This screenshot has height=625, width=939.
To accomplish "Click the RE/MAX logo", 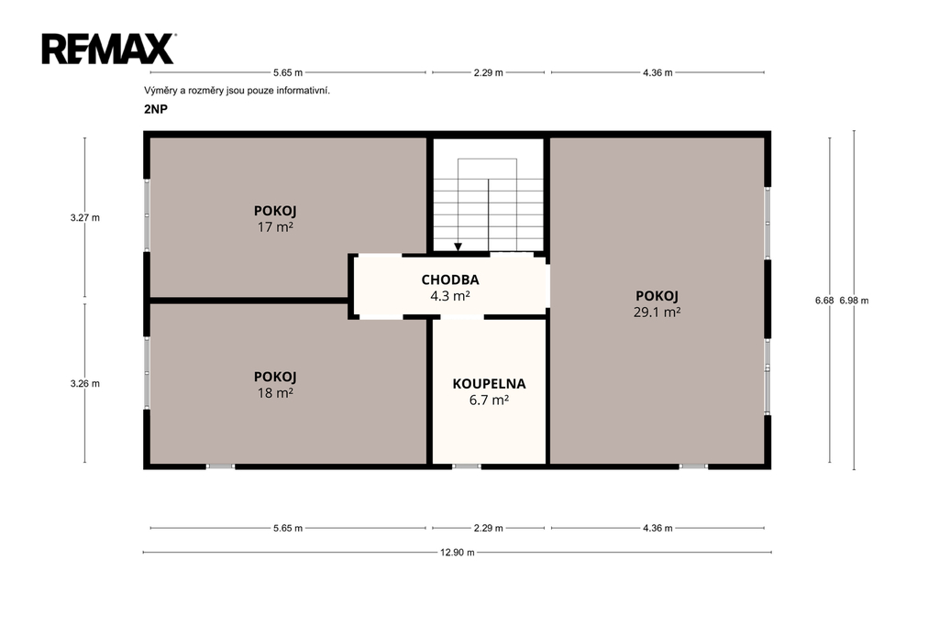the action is click(108, 49).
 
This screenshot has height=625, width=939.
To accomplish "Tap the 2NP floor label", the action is click(156, 110).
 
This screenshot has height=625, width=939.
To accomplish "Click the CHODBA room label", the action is click(450, 280).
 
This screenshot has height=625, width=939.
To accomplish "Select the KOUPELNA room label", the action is click(490, 384).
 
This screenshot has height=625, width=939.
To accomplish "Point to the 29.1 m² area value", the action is click(657, 312).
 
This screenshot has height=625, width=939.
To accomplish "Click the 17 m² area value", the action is click(275, 227).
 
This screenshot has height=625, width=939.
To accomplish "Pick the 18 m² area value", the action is click(275, 393).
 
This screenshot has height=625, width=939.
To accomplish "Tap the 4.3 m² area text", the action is click(450, 296).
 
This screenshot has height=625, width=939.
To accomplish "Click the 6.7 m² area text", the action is click(490, 400).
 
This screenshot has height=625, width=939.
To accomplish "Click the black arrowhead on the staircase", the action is click(458, 247).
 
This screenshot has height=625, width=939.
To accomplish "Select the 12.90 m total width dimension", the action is click(458, 553).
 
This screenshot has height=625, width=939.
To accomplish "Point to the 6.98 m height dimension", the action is click(854, 301).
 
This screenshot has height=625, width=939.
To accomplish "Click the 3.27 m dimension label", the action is click(85, 218).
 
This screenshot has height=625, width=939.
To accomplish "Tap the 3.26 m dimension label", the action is click(85, 384).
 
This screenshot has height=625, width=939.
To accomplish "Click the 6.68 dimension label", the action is click(824, 301).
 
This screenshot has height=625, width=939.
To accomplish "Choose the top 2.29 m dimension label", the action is click(488, 73).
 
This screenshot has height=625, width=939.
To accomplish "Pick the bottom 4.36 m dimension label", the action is click(657, 528).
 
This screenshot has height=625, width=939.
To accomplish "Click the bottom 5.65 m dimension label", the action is click(288, 528).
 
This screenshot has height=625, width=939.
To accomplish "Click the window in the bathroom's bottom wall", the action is click(467, 466).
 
